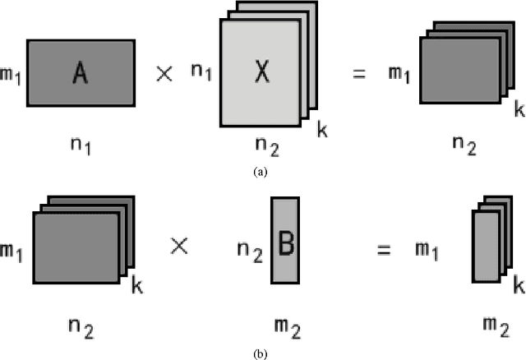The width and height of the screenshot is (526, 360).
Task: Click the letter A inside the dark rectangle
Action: (x=80, y=74)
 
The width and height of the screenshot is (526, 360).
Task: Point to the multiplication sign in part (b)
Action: (x=180, y=243)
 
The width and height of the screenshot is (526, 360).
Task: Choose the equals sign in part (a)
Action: (x=359, y=73)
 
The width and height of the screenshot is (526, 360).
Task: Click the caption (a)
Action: (x=261, y=173)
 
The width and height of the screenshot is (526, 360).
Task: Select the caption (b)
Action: (x=261, y=353)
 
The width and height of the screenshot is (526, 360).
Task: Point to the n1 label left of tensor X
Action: (x=200, y=72)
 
